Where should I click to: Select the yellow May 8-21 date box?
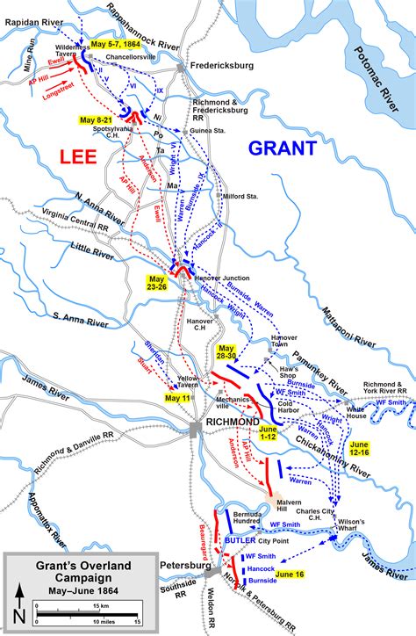click(x=96, y=119)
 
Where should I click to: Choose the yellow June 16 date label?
click(x=290, y=574)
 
